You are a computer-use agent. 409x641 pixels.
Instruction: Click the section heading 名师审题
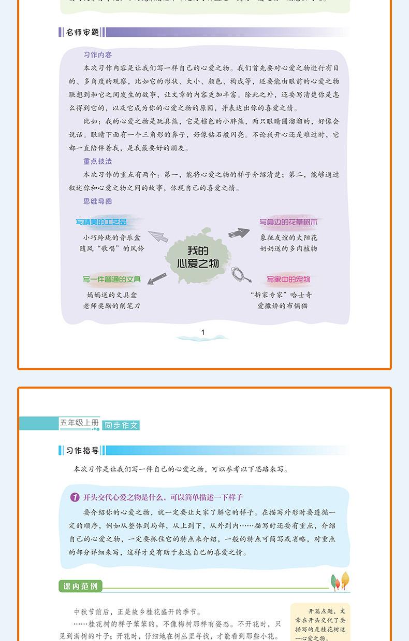(x=82, y=32)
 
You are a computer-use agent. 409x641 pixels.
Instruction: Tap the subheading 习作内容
(x=97, y=54)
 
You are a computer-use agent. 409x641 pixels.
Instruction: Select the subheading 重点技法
(x=97, y=161)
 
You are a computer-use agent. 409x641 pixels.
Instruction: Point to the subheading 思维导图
(x=97, y=201)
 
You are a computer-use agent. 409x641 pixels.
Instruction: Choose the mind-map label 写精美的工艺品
(x=101, y=222)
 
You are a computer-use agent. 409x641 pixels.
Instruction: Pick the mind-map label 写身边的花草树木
(x=288, y=222)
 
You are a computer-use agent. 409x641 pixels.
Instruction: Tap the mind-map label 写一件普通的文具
(x=112, y=280)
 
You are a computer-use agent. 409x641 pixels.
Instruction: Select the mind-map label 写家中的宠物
(x=288, y=280)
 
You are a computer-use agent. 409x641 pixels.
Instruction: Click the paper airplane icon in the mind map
(x=158, y=236)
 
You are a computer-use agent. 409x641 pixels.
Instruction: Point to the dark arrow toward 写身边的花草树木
(x=239, y=233)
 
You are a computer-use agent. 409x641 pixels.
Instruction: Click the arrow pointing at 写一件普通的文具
(x=156, y=278)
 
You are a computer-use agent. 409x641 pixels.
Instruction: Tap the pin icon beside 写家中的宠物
(x=240, y=273)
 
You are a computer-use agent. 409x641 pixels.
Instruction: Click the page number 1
(x=203, y=332)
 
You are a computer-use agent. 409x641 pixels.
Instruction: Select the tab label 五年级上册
(x=79, y=423)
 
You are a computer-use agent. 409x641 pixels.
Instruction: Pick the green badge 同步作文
(x=121, y=425)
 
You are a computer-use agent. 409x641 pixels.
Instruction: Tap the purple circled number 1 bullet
(x=75, y=498)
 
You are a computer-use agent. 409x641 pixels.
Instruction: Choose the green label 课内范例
(x=80, y=587)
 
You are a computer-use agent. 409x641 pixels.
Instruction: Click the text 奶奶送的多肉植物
(x=288, y=248)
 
